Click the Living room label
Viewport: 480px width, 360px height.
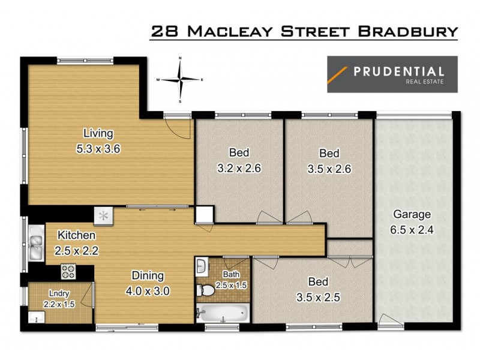[98, 133]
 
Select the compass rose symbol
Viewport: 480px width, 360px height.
[180, 79]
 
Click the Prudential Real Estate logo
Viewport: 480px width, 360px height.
[392, 74]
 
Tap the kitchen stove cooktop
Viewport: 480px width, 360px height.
[67, 272]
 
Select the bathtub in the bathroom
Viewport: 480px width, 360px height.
[222, 313]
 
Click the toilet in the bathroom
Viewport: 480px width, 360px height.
[206, 290]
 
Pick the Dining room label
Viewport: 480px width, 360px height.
[148, 277]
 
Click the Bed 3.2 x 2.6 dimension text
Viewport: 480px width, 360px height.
[239, 168]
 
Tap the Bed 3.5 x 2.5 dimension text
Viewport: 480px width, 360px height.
[317, 296]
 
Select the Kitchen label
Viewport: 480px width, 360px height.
[76, 235]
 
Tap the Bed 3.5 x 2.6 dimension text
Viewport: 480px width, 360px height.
[329, 169]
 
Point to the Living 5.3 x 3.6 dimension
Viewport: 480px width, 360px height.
[98, 149]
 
